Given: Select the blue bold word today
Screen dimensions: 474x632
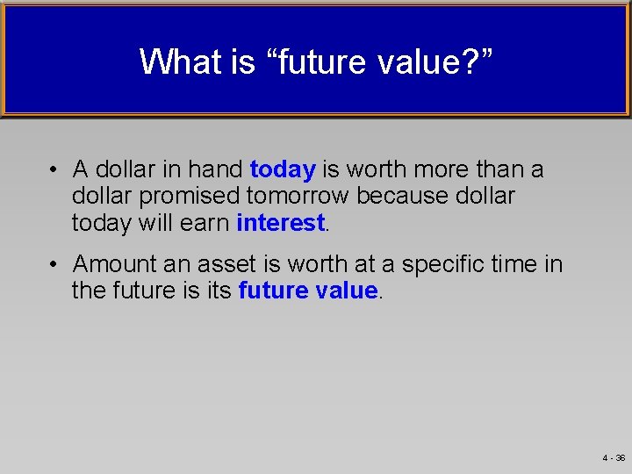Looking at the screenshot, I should coord(283,168).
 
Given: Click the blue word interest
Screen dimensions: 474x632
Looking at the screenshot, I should coord(281,223).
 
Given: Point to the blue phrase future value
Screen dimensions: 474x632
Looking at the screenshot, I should coord(308,291).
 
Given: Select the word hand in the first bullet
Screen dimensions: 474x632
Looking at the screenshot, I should coord(216,168).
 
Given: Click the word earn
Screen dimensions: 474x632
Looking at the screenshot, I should coord(206,223).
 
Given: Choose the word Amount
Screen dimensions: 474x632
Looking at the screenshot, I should coord(111,263).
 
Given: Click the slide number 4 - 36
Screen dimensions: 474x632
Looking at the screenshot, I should coord(614,458).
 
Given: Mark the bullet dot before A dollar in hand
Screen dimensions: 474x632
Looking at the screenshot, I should coord(54,169).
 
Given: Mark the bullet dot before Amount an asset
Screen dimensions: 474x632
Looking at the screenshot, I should coord(54,264).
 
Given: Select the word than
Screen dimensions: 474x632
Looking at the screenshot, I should coord(501,168).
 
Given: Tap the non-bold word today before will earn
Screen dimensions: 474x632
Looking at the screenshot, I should coord(101,223).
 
